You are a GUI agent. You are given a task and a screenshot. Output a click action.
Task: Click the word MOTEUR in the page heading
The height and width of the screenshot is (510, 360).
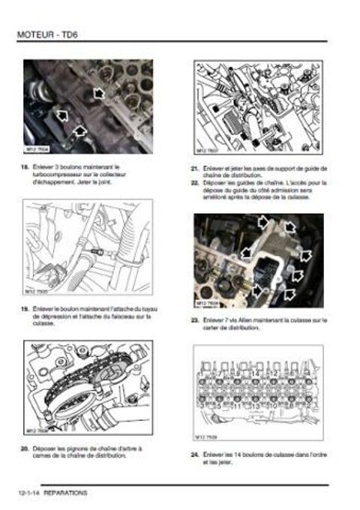pyautogui.click(x=34, y=33)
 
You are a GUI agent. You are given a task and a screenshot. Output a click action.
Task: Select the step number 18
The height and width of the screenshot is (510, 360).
pyautogui.click(x=26, y=167)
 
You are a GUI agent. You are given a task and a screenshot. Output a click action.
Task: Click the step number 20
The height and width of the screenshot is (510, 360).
pyautogui.click(x=26, y=448)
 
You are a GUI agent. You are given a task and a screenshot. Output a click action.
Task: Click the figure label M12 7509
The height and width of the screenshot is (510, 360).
pyautogui.click(x=207, y=438)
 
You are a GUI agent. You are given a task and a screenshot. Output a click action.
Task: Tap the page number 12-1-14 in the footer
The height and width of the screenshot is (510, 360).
pyautogui.click(x=27, y=493)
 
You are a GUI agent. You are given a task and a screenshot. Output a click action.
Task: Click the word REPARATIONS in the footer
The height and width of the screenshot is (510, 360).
pyautogui.click(x=66, y=493)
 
